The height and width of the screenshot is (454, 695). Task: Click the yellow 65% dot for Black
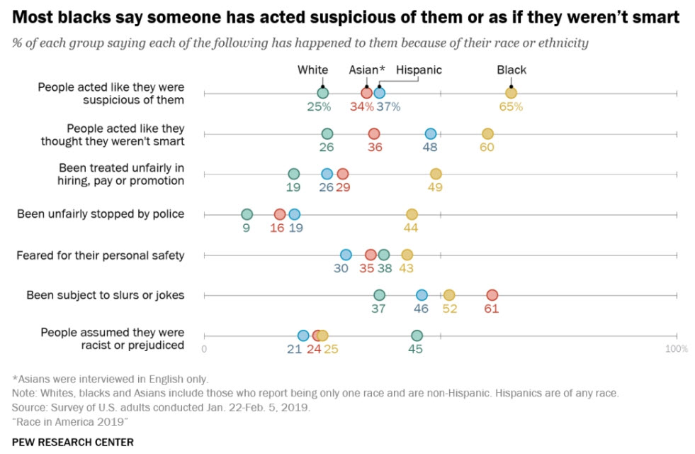(511, 93)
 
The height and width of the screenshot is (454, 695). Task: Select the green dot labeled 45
(417, 336)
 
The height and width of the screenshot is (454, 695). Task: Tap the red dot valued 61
(492, 295)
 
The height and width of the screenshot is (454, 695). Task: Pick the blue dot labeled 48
(431, 133)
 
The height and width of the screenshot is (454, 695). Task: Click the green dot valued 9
(247, 214)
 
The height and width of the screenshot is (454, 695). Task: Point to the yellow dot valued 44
(412, 214)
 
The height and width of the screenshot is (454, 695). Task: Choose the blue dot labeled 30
(346, 255)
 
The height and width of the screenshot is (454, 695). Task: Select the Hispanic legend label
(419, 70)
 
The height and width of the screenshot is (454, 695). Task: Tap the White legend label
(312, 70)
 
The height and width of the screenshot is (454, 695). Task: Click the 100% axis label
(676, 349)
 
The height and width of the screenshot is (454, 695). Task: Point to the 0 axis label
(204, 349)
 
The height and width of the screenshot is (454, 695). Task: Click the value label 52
(449, 309)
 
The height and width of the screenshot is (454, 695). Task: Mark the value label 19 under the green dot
(293, 187)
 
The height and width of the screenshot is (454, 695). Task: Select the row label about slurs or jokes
(106, 295)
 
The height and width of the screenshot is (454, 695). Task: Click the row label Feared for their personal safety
(101, 255)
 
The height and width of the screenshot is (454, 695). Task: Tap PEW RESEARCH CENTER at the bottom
(72, 441)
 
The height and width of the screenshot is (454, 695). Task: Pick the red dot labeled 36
(374, 133)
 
